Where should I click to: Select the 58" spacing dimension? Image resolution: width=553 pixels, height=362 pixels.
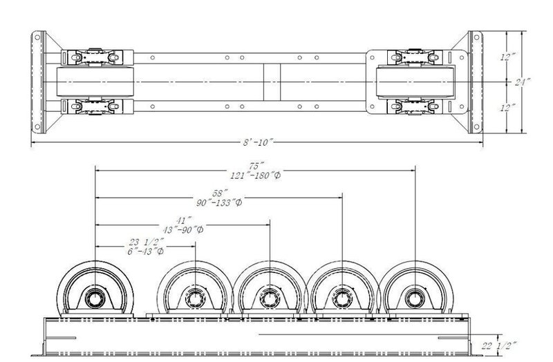219,195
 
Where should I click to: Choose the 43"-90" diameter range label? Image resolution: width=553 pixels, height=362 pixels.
182,231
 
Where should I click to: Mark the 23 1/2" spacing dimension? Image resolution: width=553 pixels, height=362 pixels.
145,242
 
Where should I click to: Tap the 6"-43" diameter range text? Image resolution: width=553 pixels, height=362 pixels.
145,251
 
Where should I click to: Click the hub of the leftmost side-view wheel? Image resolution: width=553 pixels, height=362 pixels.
95,298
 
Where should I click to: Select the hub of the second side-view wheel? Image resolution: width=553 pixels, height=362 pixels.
195,298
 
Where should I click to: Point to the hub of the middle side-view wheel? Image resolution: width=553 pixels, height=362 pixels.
268,298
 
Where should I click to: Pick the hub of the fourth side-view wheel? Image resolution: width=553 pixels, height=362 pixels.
342,298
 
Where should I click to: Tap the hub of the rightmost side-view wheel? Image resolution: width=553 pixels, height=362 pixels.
415,298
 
